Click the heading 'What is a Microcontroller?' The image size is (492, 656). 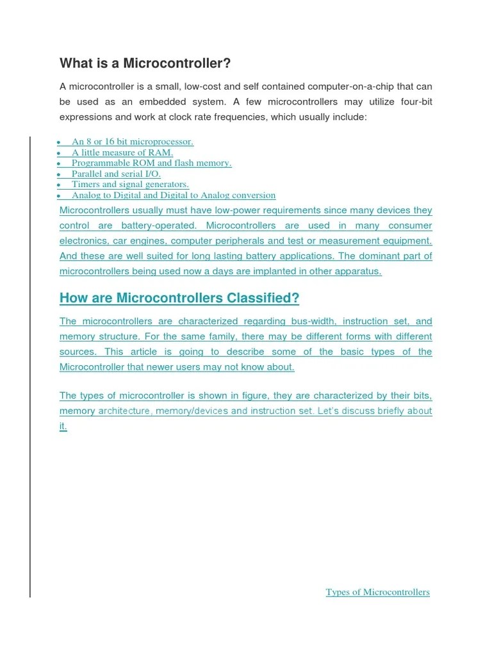pyautogui.click(x=145, y=63)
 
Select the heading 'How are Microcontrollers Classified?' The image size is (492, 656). pyautogui.click(x=179, y=298)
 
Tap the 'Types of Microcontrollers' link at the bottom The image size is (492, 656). pyautogui.click(x=377, y=592)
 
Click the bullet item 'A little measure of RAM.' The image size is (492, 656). pyautogui.click(x=122, y=152)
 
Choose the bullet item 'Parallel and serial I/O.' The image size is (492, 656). pyautogui.click(x=116, y=174)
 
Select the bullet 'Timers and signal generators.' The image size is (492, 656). pyautogui.click(x=130, y=184)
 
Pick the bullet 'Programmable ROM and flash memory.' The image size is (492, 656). pyautogui.click(x=151, y=163)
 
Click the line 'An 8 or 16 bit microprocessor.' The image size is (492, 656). pyautogui.click(x=132, y=142)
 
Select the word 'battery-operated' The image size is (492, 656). pyautogui.click(x=158, y=225)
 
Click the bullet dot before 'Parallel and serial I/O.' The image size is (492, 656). pyautogui.click(x=58, y=174)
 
